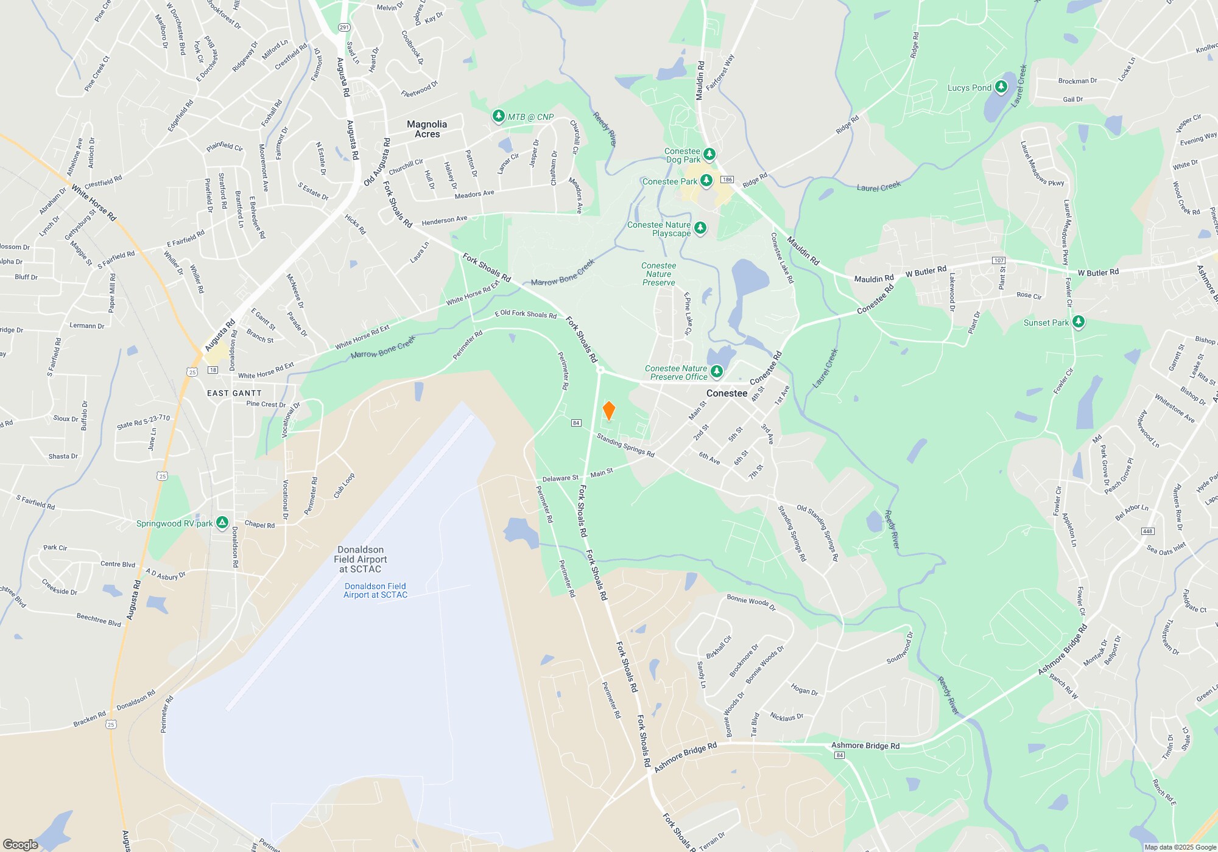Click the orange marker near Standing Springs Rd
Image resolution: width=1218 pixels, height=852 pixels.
(x=608, y=411)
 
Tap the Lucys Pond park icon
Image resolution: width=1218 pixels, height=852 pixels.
(x=1001, y=88)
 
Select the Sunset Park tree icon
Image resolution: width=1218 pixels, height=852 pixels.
(x=1078, y=322)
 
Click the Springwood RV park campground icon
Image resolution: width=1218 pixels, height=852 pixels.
(x=222, y=523)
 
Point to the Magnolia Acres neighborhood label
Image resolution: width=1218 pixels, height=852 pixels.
(x=427, y=129)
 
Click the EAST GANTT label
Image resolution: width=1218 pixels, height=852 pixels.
(x=234, y=393)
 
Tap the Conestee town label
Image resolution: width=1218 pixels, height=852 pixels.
(x=727, y=393)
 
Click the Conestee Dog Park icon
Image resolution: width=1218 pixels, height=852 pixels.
(x=709, y=154)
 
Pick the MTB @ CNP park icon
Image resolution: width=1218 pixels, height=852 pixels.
(x=499, y=116)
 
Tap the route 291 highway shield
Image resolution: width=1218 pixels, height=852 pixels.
(x=344, y=27)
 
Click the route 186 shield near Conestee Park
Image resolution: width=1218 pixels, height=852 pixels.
(x=727, y=180)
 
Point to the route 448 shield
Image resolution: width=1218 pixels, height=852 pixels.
(x=1147, y=531)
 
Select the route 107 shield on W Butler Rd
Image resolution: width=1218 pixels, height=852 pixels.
(x=999, y=260)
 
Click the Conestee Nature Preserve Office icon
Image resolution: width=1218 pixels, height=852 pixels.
(x=716, y=371)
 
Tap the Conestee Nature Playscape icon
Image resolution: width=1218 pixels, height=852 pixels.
(x=700, y=228)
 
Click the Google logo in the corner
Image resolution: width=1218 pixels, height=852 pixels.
(x=21, y=844)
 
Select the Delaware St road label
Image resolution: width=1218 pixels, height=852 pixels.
(x=560, y=478)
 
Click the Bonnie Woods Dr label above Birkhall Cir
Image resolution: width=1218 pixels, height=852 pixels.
(x=751, y=602)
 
